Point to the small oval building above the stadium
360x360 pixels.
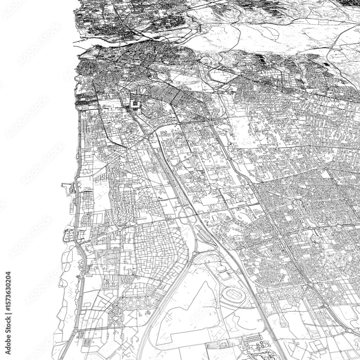(220, 270)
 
